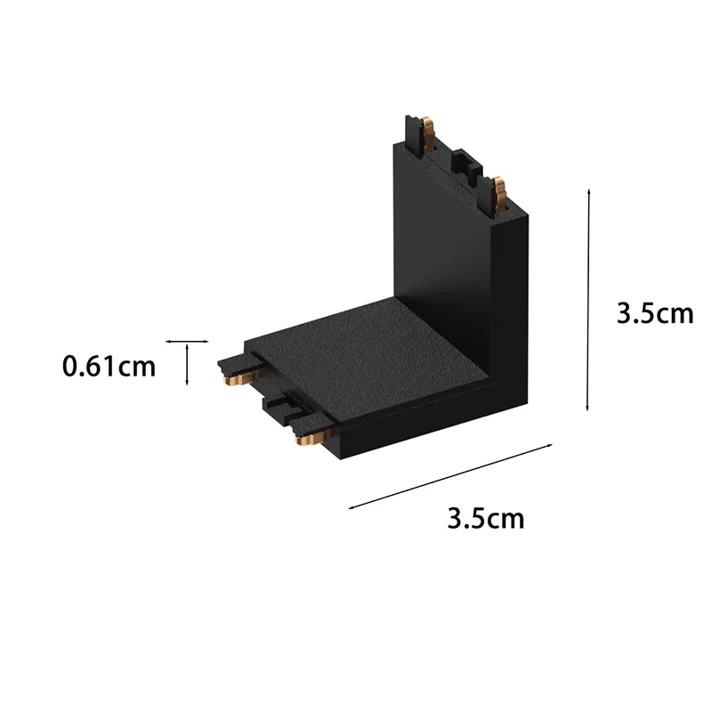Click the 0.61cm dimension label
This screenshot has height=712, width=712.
[x=109, y=367]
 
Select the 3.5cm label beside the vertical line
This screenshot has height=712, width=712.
[x=655, y=313]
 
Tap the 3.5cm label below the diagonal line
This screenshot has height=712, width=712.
[x=485, y=518]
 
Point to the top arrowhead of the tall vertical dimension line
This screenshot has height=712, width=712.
[x=588, y=191]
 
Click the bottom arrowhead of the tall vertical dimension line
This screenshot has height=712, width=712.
[x=587, y=409]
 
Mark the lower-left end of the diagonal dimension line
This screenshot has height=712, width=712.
[x=349, y=508]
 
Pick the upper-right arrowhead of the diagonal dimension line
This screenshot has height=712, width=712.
[x=551, y=445]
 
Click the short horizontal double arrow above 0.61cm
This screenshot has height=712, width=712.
[x=187, y=342]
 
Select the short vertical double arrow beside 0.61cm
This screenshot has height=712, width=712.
[x=187, y=365]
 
